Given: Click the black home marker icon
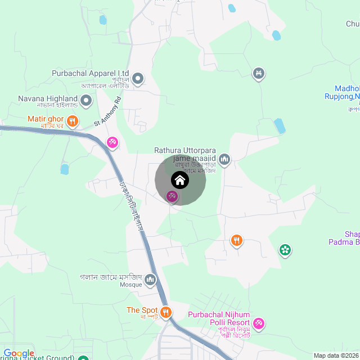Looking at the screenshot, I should (x=180, y=181).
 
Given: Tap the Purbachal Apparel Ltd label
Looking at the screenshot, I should (x=91, y=74).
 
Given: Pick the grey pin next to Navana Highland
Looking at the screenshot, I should (x=86, y=101).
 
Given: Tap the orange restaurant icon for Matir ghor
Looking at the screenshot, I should (x=72, y=120).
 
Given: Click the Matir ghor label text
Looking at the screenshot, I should (x=46, y=119).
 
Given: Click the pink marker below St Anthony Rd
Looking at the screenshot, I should (x=112, y=142).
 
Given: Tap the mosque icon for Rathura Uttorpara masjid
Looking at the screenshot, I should (x=224, y=160).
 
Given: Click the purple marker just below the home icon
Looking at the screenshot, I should (x=172, y=196).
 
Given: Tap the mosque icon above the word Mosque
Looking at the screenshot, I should (x=150, y=280).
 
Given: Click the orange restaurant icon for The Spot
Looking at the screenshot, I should (x=165, y=312).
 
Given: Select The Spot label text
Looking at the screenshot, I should (x=142, y=310).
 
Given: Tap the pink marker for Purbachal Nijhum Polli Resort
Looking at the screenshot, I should (x=259, y=323).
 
